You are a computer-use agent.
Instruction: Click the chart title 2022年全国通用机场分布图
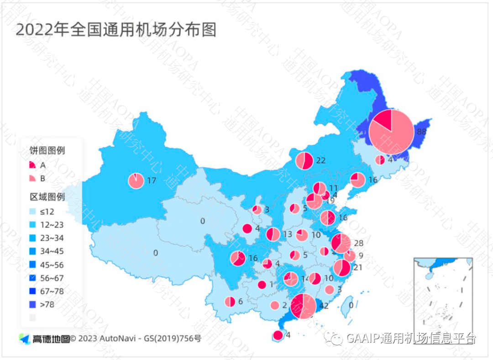pyautogui.click(x=116, y=30)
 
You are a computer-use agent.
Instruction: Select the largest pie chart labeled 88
pyautogui.click(x=391, y=132)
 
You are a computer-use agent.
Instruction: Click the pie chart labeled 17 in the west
pyautogui.click(x=136, y=181)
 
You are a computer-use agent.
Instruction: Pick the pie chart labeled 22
pyautogui.click(x=304, y=160)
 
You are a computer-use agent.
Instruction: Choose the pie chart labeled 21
pyautogui.click(x=342, y=268)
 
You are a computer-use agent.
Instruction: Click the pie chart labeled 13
pyautogui.click(x=273, y=234)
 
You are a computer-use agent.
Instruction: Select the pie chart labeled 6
pyautogui.click(x=230, y=302)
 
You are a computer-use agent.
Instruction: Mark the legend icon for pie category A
pyautogui.click(x=32, y=165)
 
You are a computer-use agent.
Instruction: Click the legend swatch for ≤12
pyautogui.click(x=33, y=212)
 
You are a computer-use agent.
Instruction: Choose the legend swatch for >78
pyautogui.click(x=33, y=304)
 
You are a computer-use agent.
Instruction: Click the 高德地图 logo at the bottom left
pyautogui.click(x=44, y=339)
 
